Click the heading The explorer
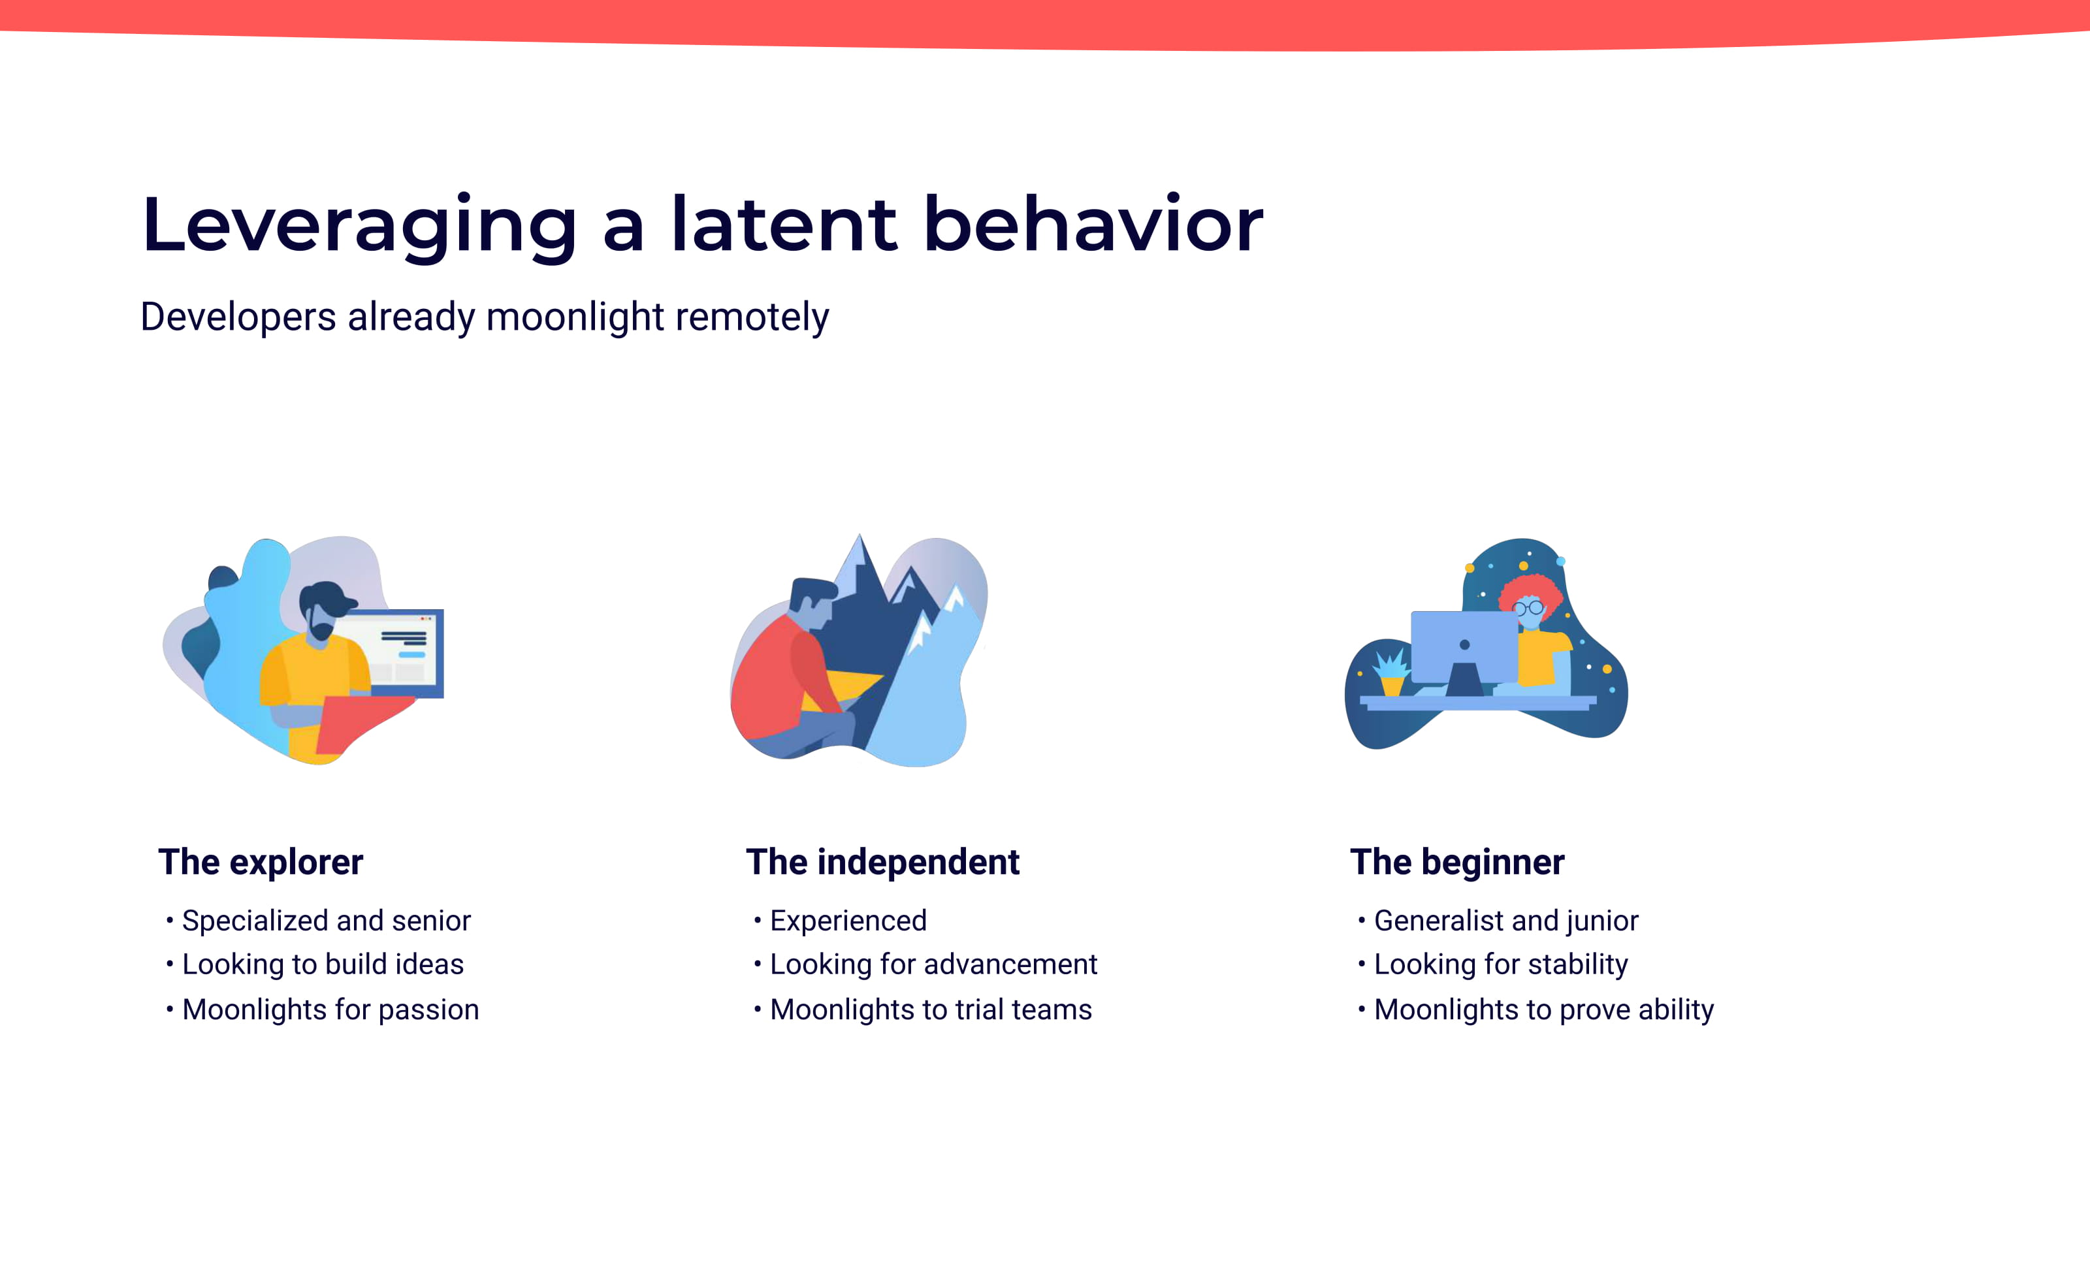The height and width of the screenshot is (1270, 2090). click(x=261, y=862)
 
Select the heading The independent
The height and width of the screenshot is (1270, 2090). click(x=882, y=862)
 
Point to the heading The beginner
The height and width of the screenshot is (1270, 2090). click(x=1456, y=862)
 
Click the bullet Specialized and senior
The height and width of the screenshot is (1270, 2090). click(x=326, y=921)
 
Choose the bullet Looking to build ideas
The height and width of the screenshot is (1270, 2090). click(x=323, y=965)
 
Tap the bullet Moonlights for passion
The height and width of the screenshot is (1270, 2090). click(x=330, y=1009)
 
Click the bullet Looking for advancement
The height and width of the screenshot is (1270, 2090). click(x=933, y=965)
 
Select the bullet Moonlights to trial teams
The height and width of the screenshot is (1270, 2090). click(x=931, y=1009)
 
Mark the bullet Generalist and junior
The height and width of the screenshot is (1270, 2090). click(x=1505, y=921)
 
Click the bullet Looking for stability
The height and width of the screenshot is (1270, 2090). click(x=1500, y=965)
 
